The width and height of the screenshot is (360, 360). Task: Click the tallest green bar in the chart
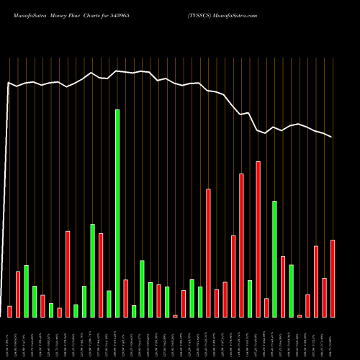[x=117, y=213]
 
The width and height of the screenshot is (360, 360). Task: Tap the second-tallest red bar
[x=241, y=245]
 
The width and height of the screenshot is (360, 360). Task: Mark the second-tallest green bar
[x=274, y=259]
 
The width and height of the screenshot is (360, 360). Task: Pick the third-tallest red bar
[x=208, y=253]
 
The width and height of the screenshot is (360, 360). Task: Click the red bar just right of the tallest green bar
[x=125, y=298]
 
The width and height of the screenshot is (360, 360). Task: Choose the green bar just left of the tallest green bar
[x=109, y=304]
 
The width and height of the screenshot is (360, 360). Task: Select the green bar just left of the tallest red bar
[x=249, y=298]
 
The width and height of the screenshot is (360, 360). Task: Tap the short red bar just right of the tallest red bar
[x=266, y=307]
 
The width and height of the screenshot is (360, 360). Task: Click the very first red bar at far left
[x=9, y=311]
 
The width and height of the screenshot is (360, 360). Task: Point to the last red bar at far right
[x=333, y=278]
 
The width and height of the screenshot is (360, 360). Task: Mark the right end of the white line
[x=332, y=137]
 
